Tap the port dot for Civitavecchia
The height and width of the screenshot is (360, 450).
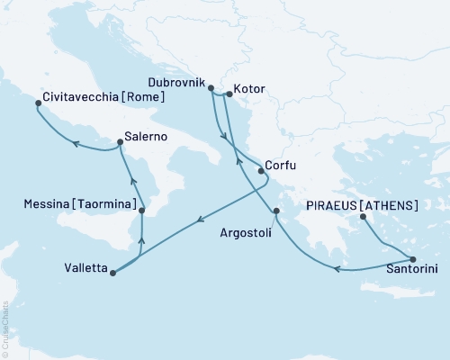coord(38,103)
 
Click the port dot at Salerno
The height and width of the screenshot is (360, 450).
coord(120,141)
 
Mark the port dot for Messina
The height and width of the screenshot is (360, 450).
coord(141,212)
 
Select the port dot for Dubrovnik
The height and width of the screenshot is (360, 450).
coord(210,88)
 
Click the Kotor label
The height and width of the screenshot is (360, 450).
coord(248,91)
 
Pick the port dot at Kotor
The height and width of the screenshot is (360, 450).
coord(228,92)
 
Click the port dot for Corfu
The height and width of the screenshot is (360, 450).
coord(261,169)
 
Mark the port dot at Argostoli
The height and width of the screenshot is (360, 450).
coord(277,212)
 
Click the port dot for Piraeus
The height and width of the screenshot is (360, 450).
coord(361,216)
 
